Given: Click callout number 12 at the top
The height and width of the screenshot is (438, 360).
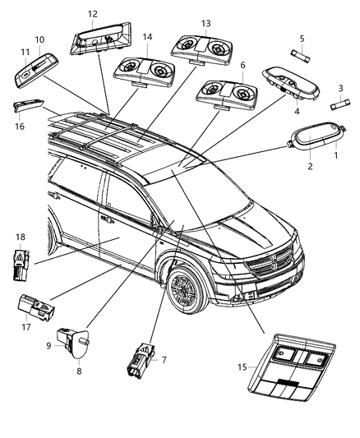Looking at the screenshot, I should (x=92, y=14).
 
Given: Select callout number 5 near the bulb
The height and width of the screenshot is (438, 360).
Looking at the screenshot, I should (x=302, y=38).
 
